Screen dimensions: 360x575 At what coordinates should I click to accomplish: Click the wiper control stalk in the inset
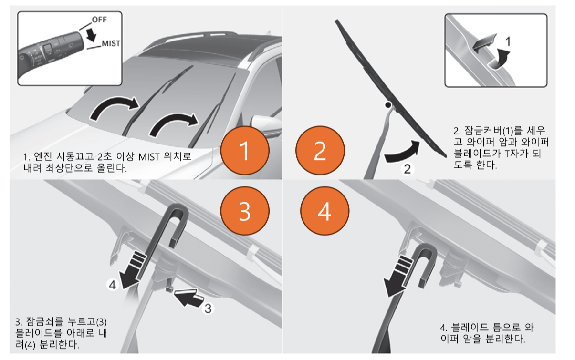point(48,52)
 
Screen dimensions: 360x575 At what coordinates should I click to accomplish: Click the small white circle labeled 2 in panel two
point(406,168)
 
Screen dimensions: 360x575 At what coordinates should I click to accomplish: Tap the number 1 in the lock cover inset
point(508,42)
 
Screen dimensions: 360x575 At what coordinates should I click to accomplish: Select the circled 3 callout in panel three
point(208,309)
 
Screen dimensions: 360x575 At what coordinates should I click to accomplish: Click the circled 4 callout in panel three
point(111,285)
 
